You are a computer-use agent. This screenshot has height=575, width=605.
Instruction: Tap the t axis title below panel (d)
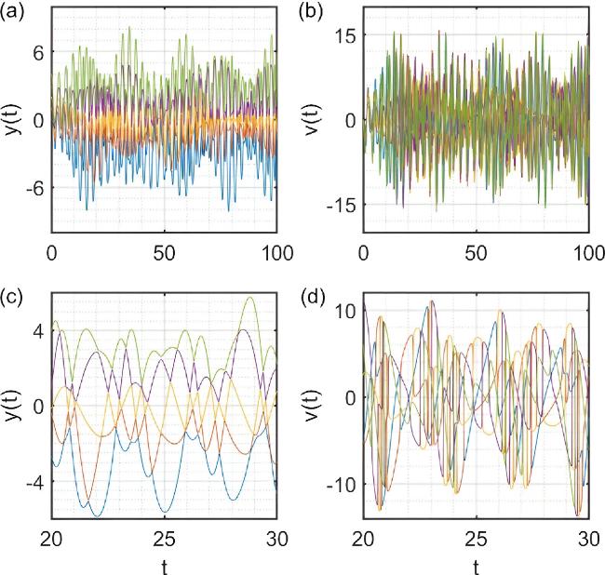[x=476, y=565]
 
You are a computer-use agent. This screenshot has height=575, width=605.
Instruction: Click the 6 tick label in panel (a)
[x=37, y=52]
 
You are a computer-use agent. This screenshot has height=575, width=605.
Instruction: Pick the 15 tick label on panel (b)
[x=343, y=34]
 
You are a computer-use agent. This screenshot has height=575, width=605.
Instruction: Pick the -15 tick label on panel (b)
[x=339, y=205]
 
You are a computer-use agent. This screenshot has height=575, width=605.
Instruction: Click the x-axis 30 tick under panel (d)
[x=586, y=540]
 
